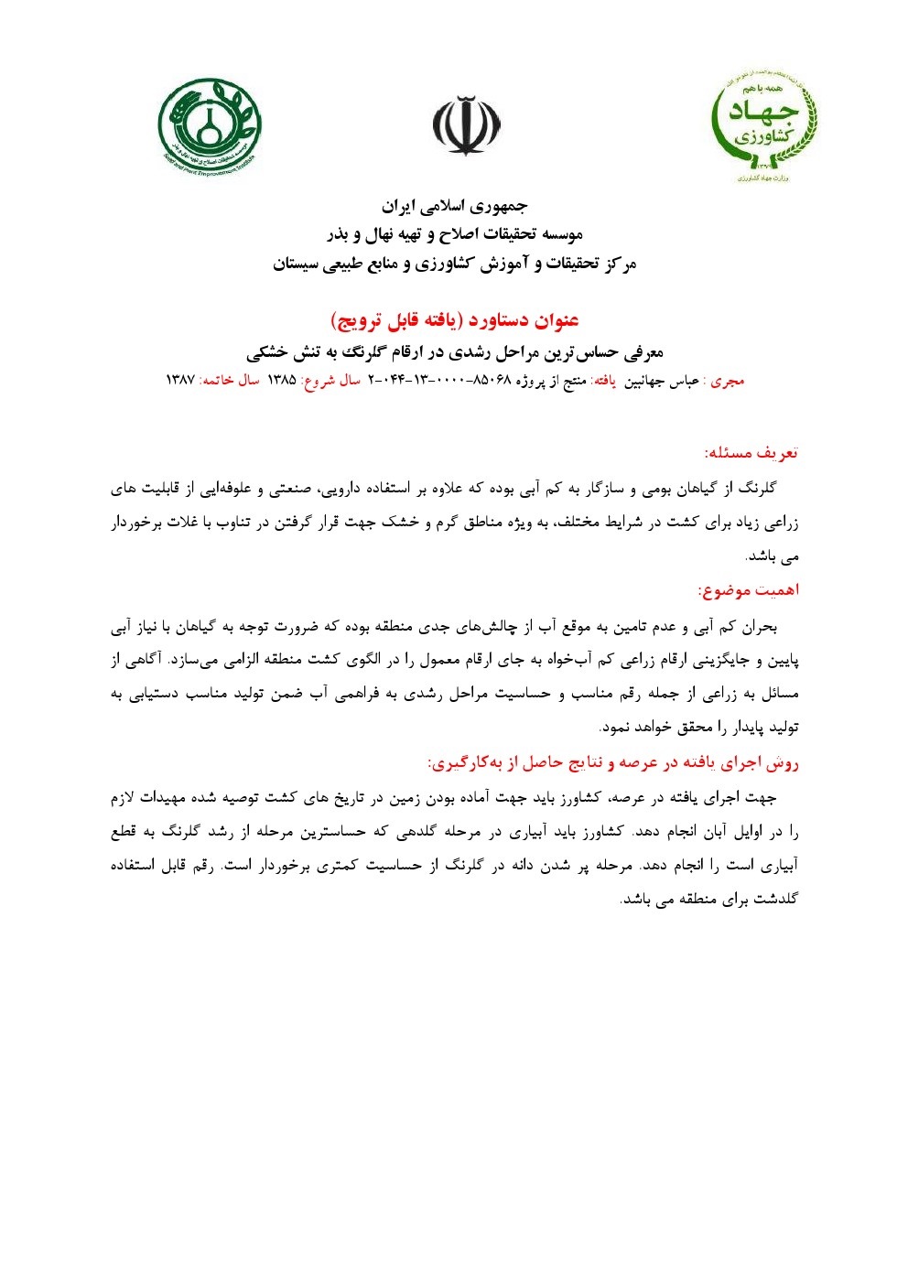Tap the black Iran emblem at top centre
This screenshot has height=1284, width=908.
pyautogui.click(x=467, y=126)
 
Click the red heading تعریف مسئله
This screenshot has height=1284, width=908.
pyautogui.click(x=751, y=452)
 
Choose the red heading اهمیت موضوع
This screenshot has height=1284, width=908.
pyautogui.click(x=748, y=590)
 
